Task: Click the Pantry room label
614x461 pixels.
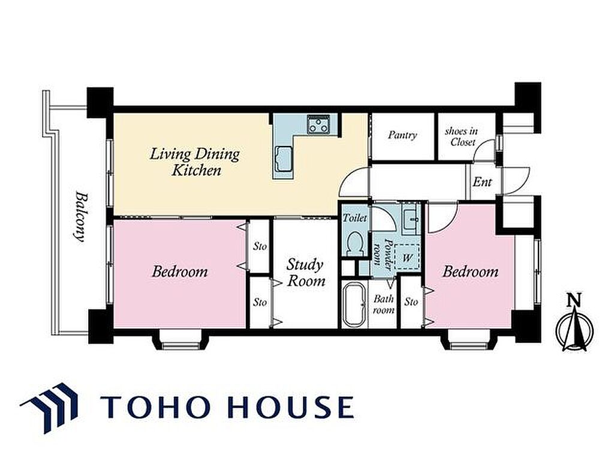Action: coord(402,135)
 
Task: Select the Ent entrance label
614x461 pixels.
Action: coord(482,182)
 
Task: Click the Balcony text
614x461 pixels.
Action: coord(80,217)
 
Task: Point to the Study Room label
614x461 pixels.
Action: coord(306,273)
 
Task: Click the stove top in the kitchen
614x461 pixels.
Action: coord(319,124)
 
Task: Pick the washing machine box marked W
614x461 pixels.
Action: coord(407,257)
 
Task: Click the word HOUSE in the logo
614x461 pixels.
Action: coord(286,407)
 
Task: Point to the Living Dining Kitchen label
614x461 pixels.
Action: coord(195,161)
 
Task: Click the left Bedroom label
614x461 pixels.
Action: coord(179,271)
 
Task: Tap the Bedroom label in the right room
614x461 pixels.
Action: coord(470,271)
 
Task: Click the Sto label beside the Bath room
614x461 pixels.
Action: coord(411,301)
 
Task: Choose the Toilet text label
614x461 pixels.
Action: coord(355,217)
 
